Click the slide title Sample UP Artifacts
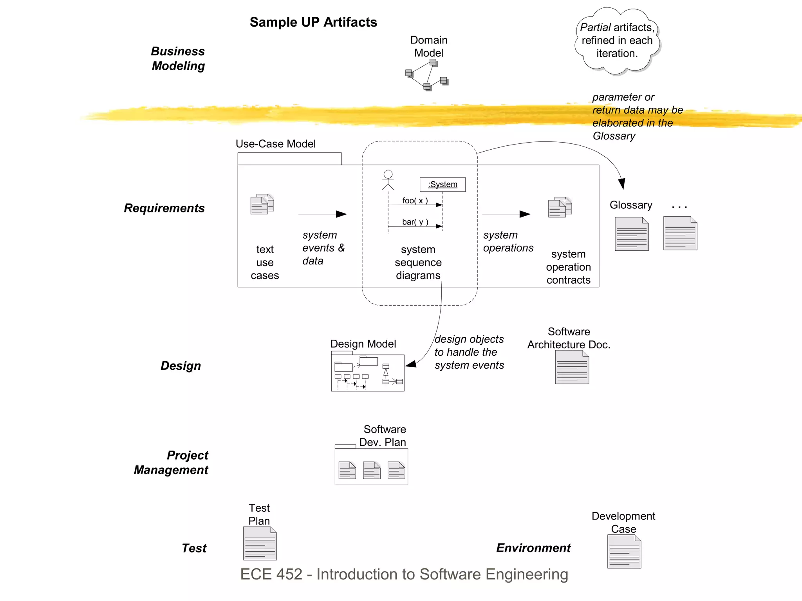313,22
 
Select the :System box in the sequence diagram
443,185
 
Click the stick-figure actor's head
388,174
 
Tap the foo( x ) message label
415,201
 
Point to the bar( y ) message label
415,222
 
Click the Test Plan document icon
260,543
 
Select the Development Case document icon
624,552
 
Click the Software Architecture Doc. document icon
572,367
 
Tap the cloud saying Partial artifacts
617,40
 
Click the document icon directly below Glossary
632,234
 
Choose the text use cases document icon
262,204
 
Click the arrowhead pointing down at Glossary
622,184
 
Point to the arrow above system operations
506,214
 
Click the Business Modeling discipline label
178,59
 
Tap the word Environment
533,548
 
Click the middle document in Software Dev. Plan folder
372,471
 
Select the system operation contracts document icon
560,207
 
